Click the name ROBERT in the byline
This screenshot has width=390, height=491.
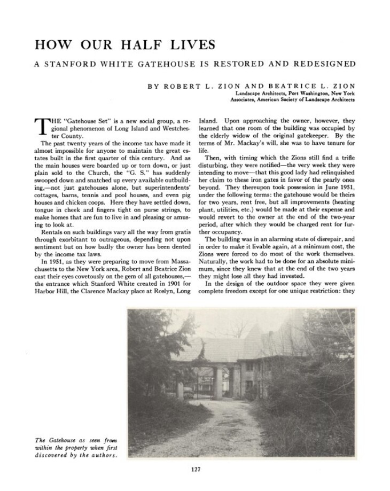point(182,85)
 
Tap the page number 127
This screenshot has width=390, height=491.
point(195,470)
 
